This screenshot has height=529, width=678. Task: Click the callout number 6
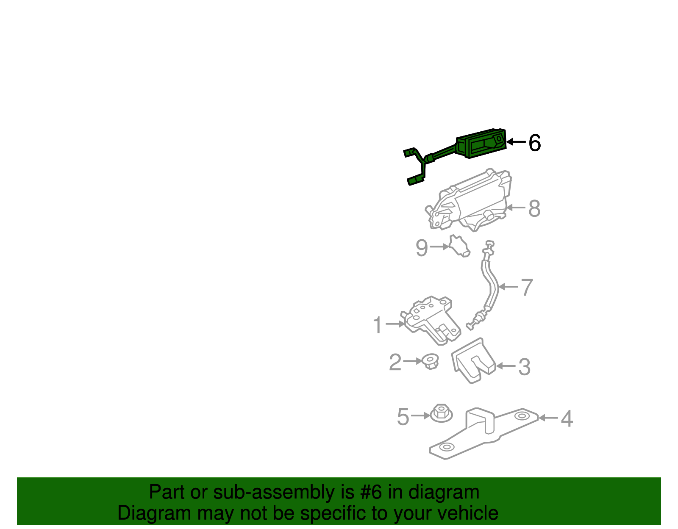(x=535, y=143)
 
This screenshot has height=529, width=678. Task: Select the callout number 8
(x=534, y=208)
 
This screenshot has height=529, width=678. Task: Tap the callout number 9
(x=422, y=247)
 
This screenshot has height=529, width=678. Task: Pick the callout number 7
(x=526, y=287)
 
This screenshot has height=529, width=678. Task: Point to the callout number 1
(x=377, y=325)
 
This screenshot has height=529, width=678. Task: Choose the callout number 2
(x=395, y=362)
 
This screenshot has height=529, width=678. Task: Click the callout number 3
(x=524, y=366)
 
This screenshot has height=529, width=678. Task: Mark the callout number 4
(x=567, y=418)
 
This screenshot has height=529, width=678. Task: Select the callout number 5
(x=403, y=417)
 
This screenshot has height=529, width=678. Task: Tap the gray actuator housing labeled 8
(x=470, y=201)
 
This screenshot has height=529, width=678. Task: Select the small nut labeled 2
(x=431, y=362)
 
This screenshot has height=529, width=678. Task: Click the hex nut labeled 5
(x=441, y=413)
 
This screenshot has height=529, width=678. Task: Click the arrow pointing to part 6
(x=516, y=142)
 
